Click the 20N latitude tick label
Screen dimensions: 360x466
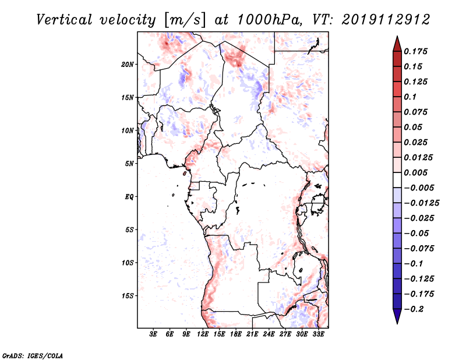click(x=128, y=64)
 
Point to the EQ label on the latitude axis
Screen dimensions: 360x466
click(x=129, y=197)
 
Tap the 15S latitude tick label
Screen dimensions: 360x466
click(x=128, y=296)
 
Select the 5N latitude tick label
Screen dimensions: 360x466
click(x=129, y=164)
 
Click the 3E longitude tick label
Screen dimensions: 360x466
click(x=154, y=334)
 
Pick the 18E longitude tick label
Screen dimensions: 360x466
click(x=236, y=334)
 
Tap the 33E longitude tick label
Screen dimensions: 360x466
click(x=318, y=334)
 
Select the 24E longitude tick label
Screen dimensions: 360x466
click(x=269, y=334)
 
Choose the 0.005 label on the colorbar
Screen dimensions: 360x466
click(x=417, y=172)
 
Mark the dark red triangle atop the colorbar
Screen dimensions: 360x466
click(x=397, y=43)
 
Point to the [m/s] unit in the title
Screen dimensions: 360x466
click(x=185, y=20)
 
